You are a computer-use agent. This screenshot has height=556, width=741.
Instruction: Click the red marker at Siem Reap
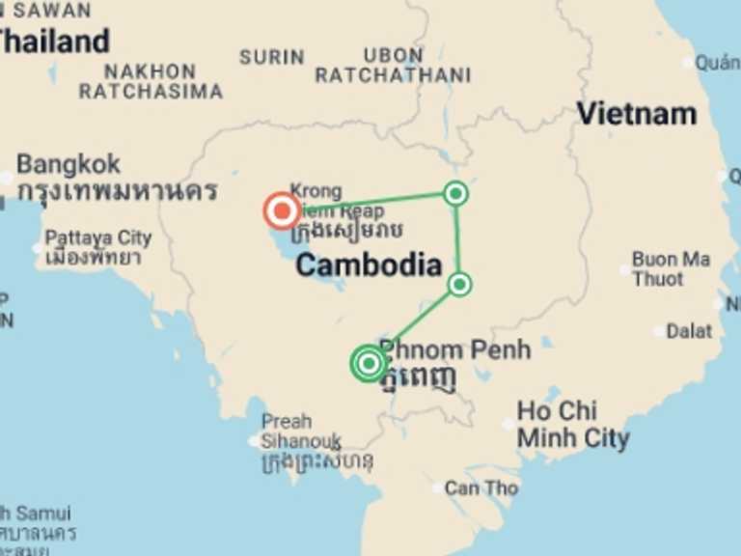click(x=282, y=209)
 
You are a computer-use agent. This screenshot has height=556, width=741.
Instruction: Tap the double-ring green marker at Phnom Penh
click(x=369, y=363)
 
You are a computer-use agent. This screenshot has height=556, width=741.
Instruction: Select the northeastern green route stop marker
click(x=455, y=194)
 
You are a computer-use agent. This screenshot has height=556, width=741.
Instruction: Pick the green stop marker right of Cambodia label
click(x=460, y=284)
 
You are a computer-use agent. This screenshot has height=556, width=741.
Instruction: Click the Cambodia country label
click(x=369, y=264)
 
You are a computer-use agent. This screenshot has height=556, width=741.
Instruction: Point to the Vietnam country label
click(x=636, y=114)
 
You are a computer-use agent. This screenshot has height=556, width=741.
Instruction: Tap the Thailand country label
click(x=54, y=42)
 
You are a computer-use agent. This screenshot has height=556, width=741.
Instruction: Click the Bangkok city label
click(x=69, y=163)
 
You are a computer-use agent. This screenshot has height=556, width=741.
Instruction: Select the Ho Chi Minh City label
click(x=573, y=424)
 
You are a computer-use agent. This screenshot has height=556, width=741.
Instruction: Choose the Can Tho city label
click(x=480, y=488)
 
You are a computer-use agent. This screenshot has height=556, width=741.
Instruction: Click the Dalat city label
click(x=689, y=331)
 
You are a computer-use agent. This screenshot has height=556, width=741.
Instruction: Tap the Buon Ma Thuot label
click(x=671, y=269)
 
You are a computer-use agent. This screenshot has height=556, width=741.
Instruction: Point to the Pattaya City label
click(x=98, y=237)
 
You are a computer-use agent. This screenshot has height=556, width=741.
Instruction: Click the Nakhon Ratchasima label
click(x=151, y=82)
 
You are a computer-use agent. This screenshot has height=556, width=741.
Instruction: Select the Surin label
click(x=272, y=58)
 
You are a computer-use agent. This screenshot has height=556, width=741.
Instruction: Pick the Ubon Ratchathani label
click(x=393, y=65)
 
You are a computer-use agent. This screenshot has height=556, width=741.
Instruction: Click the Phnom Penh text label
click(x=454, y=349)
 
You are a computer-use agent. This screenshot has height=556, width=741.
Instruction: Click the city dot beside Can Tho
click(x=439, y=488)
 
